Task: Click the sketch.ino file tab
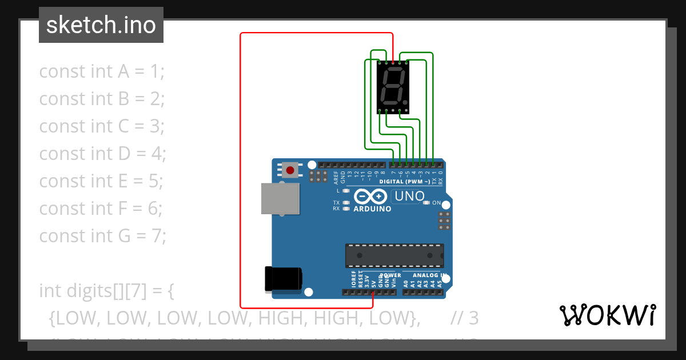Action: (101, 25)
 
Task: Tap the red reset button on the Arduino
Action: (290, 170)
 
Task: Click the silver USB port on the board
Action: (280, 198)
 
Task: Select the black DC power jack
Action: (282, 279)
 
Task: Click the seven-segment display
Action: (393, 86)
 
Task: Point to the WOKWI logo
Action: (607, 315)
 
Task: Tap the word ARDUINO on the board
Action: (372, 209)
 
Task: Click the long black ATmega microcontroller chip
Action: (394, 255)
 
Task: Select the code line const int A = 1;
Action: (102, 71)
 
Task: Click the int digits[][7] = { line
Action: (106, 290)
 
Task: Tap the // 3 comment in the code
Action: (464, 318)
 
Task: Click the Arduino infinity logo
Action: (371, 197)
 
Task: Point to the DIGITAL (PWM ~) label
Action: (405, 182)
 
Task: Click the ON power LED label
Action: (436, 203)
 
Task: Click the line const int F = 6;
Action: (101, 208)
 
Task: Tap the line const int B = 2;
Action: (102, 99)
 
